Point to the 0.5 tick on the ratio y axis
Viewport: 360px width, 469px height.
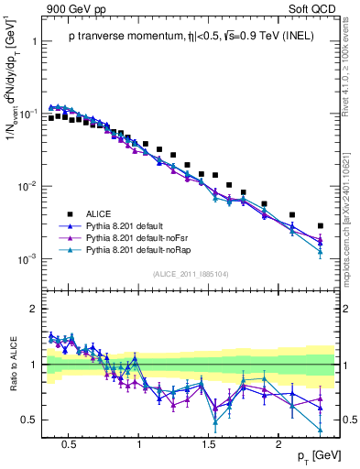point(29,420)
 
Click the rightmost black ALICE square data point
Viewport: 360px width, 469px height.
point(321,225)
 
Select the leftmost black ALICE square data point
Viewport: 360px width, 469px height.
point(51,118)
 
